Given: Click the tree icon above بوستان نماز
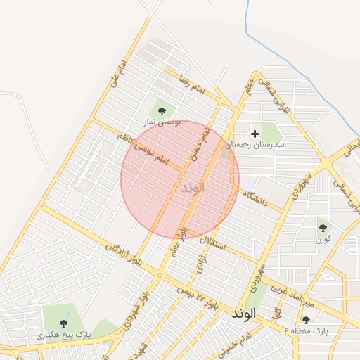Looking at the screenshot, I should coord(162,110).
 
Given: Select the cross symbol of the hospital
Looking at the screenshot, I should coord(255,132).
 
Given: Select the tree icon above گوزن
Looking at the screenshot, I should coord(323,227).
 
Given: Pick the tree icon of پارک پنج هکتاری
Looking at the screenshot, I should coord(64,323).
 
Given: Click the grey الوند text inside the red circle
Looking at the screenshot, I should coord(192,188).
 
